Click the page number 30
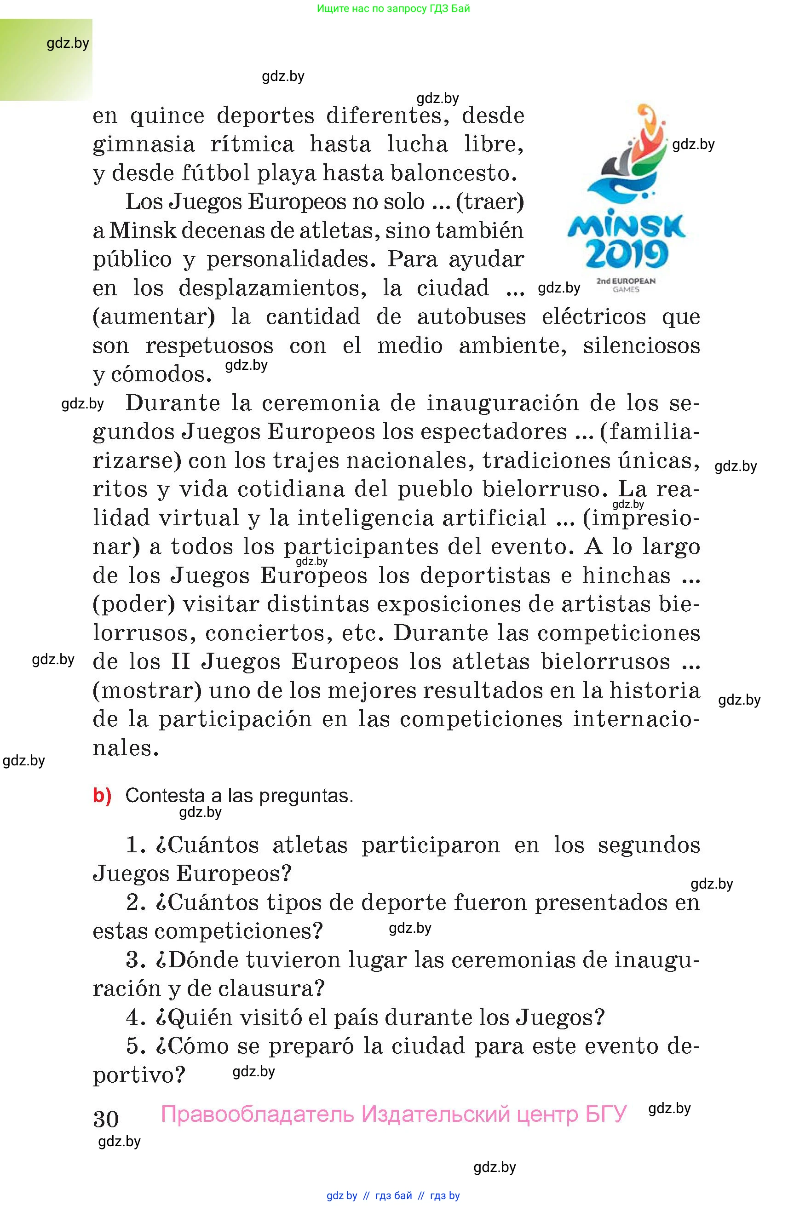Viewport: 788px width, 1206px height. (106, 1119)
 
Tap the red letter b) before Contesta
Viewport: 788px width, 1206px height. (102, 796)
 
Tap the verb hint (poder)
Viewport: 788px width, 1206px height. (134, 604)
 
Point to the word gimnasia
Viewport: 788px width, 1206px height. (144, 144)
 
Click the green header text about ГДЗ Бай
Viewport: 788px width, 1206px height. (393, 9)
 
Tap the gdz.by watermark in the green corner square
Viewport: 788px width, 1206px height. (68, 44)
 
